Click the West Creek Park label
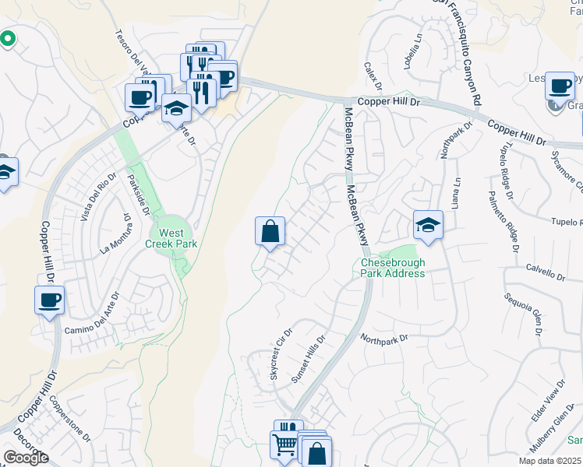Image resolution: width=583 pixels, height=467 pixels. click(x=171, y=238)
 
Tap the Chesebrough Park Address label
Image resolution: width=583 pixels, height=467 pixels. click(x=393, y=268)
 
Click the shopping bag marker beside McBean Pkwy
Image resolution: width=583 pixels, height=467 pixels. click(x=270, y=231)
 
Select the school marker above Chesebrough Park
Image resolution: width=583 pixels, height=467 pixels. click(x=428, y=225)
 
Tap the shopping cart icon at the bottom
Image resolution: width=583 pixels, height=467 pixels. click(x=284, y=444)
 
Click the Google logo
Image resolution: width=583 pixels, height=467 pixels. click(x=25, y=458)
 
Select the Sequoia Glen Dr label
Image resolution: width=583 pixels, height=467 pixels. click(x=522, y=314)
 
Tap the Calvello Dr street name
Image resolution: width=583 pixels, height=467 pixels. click(x=545, y=274)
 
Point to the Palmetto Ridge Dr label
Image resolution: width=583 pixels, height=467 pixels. click(x=502, y=222)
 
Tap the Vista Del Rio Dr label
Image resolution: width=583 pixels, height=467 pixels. click(x=97, y=198)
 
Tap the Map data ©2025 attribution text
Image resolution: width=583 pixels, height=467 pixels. click(x=549, y=461)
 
